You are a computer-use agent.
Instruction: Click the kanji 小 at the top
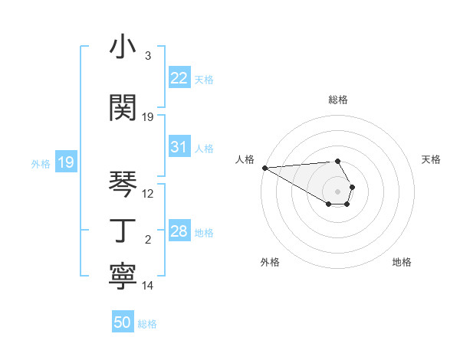123,47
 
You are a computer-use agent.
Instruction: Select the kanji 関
123,108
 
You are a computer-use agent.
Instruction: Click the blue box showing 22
179,78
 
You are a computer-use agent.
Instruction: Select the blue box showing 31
179,147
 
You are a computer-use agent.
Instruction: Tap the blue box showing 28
179,231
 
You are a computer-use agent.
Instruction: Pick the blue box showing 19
65,162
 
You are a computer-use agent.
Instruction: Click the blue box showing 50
123,322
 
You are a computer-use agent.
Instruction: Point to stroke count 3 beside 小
148,56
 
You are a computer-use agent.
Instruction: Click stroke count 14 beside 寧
148,286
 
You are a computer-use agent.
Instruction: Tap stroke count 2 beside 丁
148,240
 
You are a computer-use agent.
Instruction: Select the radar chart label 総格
338,100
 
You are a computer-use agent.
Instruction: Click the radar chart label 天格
431,159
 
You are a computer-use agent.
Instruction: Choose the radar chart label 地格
402,262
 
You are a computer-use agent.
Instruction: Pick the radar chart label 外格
270,262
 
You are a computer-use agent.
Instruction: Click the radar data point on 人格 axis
264,168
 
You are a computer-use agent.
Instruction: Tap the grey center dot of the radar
338,191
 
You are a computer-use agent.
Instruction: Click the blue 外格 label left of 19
40,163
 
